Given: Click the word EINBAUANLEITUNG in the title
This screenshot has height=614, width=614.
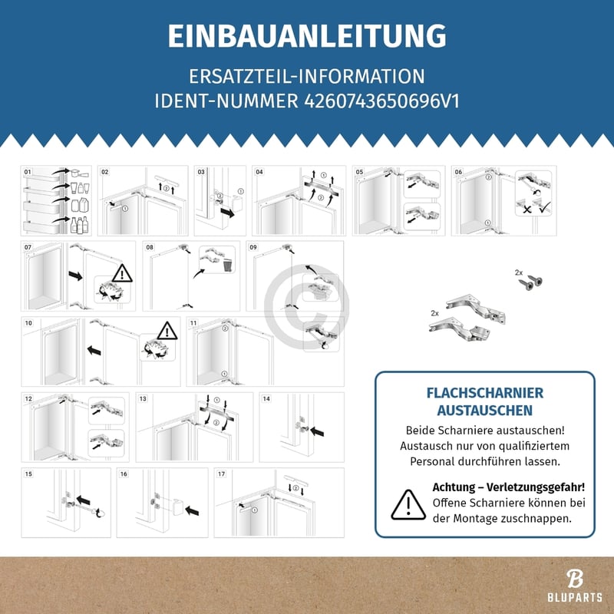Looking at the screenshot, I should pyautogui.click(x=307, y=36).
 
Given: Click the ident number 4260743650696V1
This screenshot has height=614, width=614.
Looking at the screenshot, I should pyautogui.click(x=377, y=101).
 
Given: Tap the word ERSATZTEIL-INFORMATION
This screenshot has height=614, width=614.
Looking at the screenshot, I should pyautogui.click(x=307, y=77).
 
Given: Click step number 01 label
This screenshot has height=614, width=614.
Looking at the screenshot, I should pyautogui.click(x=28, y=172).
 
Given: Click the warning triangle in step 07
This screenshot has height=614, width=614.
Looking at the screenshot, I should pyautogui.click(x=120, y=272).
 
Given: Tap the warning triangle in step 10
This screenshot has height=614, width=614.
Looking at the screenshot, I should pyautogui.click(x=167, y=332).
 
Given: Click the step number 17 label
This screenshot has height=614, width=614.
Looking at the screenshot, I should pyautogui.click(x=222, y=474).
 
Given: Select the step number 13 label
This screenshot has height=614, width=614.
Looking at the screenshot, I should pyautogui.click(x=143, y=399).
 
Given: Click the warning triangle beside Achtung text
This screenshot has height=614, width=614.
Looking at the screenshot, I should pyautogui.click(x=408, y=503).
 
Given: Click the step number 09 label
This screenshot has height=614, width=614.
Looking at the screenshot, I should pyautogui.click(x=253, y=248).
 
